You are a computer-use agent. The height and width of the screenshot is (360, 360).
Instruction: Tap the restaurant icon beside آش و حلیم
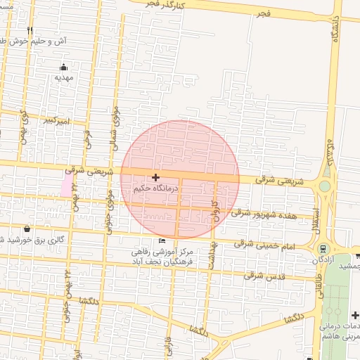tap(30, 32)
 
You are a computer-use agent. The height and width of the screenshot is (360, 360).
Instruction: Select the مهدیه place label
tap(65, 77)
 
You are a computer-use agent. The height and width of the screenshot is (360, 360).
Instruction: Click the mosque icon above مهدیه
tap(65, 67)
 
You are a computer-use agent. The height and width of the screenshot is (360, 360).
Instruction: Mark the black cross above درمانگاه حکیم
tap(155, 177)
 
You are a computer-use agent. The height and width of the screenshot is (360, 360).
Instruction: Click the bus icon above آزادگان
tap(323, 248)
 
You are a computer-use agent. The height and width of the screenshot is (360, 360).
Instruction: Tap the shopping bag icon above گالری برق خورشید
tap(27, 229)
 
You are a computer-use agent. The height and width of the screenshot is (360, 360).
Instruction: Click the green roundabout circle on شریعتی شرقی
tap(324, 186)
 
